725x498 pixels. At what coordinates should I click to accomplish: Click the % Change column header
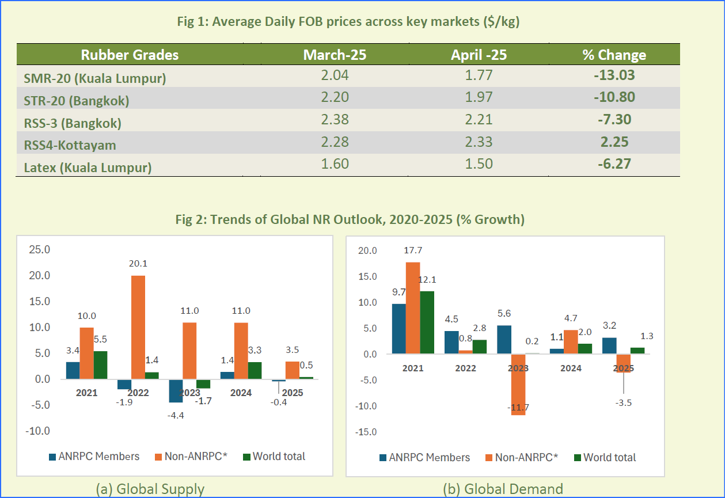click(x=614, y=55)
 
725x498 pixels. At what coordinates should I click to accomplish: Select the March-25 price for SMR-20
click(x=335, y=75)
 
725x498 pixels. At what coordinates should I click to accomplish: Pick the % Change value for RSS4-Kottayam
click(x=614, y=142)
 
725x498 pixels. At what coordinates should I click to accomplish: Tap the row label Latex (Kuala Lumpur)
click(x=88, y=168)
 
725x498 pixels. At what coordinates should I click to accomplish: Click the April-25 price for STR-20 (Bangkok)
click(x=479, y=98)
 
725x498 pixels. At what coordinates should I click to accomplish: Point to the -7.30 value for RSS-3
click(x=614, y=120)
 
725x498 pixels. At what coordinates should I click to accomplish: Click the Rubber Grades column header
click(x=130, y=55)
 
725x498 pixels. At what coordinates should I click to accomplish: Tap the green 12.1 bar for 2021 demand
click(x=427, y=322)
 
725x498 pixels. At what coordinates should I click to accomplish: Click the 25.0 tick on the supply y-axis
click(x=40, y=250)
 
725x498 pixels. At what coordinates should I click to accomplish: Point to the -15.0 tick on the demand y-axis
click(x=367, y=432)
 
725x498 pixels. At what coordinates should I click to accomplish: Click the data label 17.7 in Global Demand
click(x=412, y=250)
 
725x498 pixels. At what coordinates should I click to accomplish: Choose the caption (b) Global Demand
click(x=503, y=489)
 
